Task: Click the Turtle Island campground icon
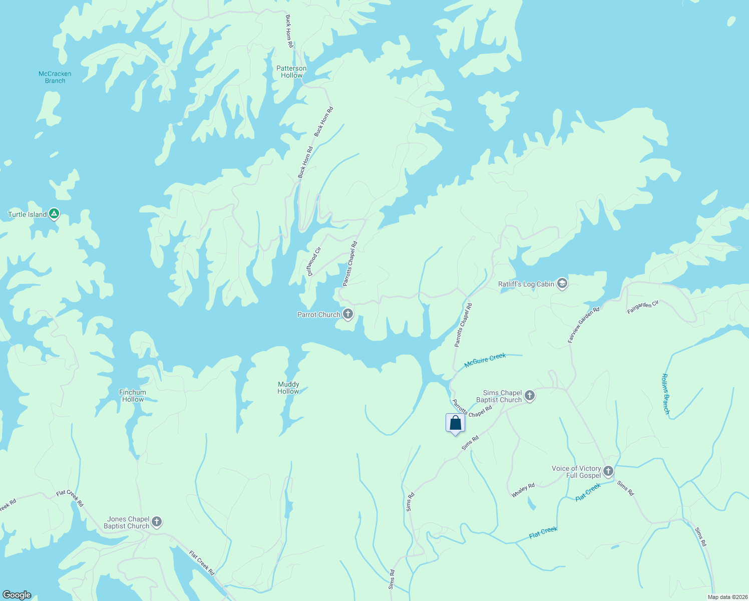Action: click(x=54, y=214)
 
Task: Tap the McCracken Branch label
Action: click(x=55, y=77)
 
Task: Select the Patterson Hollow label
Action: click(x=291, y=72)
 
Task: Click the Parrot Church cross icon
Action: click(x=348, y=315)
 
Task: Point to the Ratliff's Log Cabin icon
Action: click(x=562, y=284)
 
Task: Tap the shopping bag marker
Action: click(x=455, y=423)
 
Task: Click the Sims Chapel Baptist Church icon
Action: click(x=529, y=396)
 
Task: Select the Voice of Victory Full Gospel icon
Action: click(x=608, y=471)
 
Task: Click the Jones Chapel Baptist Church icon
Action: click(x=157, y=522)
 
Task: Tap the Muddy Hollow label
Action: click(x=288, y=388)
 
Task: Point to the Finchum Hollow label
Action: click(x=133, y=396)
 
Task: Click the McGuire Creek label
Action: click(x=485, y=360)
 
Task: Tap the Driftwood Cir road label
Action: click(x=314, y=261)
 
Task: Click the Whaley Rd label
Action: click(x=523, y=490)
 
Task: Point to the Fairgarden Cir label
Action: click(x=643, y=308)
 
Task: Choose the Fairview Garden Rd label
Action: click(x=584, y=325)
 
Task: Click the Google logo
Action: click(x=17, y=595)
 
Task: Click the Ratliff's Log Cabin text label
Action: click(x=526, y=284)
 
